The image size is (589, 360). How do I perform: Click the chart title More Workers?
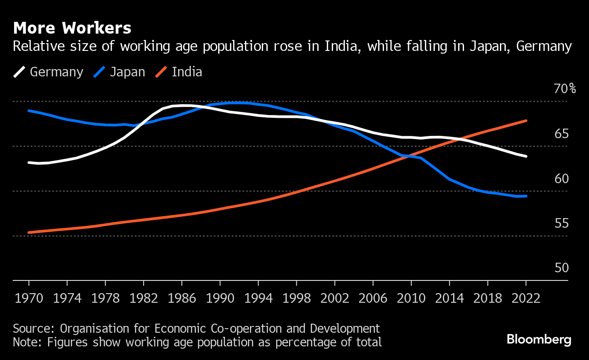point(72,28)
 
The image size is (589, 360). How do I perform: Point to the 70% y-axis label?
point(564,89)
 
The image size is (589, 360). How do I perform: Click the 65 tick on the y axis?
point(562,134)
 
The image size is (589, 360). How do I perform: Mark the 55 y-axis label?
point(562,224)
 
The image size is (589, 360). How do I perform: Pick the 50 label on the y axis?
point(562,268)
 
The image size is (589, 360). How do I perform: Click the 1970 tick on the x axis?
point(29,298)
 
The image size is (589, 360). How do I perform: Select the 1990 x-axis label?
point(220,298)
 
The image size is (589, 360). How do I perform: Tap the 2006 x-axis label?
point(372,298)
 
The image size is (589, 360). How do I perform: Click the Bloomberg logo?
point(539,339)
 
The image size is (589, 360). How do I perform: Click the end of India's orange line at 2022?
point(526,120)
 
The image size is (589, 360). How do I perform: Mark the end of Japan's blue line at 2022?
point(526,196)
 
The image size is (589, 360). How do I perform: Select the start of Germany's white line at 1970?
point(29,162)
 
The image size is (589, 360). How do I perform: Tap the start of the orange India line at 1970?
point(29,232)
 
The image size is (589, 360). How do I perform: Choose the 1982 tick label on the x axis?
point(143,298)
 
